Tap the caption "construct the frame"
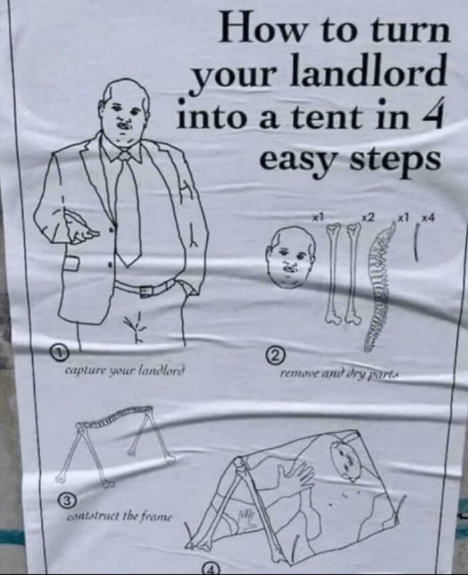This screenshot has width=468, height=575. pos(119,516)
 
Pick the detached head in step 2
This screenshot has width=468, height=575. pos(290,254)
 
